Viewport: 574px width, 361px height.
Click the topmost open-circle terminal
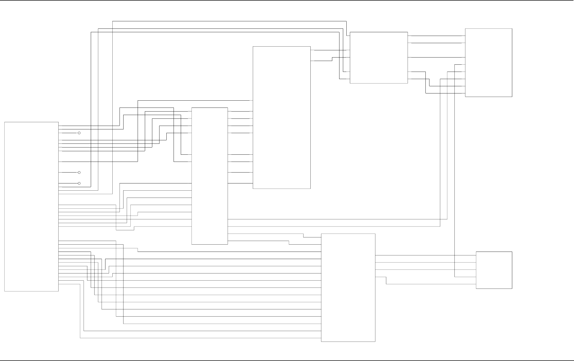tap(79, 133)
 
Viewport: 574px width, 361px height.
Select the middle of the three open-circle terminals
tap(79, 173)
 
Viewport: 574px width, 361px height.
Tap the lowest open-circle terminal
tap(79, 183)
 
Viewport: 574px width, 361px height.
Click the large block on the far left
tap(31, 207)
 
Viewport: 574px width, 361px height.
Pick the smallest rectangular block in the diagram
tap(494, 270)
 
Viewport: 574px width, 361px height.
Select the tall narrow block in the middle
tap(210, 176)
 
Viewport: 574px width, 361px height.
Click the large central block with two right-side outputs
tap(281, 117)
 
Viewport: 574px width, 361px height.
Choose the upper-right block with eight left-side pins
tap(488, 63)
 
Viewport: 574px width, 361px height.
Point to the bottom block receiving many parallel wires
tap(348, 288)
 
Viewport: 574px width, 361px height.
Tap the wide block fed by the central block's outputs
tap(379, 58)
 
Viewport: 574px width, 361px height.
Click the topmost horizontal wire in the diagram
tap(229, 21)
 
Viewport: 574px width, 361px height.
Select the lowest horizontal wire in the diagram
tap(200, 338)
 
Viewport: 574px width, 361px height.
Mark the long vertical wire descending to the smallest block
tap(454, 170)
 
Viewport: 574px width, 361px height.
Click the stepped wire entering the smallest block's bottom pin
tap(431, 284)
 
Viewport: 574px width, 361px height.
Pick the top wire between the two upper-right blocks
tap(437, 36)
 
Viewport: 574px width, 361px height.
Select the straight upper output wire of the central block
tap(330, 50)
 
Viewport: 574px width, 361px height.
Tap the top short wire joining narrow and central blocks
tap(240, 111)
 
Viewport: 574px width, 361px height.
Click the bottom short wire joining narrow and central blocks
tap(240, 183)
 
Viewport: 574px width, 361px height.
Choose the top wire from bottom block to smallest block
tap(425, 255)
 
